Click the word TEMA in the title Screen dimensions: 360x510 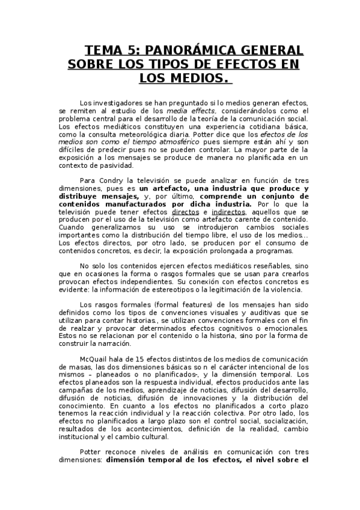click(104, 49)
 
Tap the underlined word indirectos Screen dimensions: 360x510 click(229, 212)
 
